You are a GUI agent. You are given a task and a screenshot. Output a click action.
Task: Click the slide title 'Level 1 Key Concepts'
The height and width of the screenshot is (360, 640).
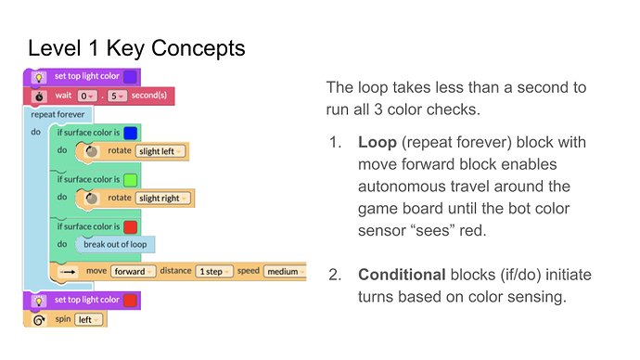coord(136,48)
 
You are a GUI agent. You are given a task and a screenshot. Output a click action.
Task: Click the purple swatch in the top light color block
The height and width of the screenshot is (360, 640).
coord(130,77)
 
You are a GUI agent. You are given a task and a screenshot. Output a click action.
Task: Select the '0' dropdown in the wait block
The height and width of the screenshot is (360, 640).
coord(85,96)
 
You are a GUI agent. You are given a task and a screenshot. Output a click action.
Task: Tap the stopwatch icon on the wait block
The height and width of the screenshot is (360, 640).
coord(39,96)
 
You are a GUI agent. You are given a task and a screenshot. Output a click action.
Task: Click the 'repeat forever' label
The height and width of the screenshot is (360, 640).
coord(58,115)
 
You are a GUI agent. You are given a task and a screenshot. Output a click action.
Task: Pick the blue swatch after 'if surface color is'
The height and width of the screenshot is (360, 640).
coord(130,133)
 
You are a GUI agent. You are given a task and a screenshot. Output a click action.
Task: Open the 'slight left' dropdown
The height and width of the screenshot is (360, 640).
coord(160,151)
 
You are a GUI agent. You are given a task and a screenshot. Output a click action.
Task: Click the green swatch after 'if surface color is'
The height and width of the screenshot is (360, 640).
coord(130,179)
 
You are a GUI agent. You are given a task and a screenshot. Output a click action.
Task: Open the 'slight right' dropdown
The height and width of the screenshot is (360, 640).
coord(163,198)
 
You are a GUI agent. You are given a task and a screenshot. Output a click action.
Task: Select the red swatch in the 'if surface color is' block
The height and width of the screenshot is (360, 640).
coord(130,225)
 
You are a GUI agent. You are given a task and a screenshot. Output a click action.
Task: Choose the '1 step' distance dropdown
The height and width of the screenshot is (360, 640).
coord(214,272)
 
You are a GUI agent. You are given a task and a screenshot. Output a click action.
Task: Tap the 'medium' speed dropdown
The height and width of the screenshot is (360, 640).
coord(284,272)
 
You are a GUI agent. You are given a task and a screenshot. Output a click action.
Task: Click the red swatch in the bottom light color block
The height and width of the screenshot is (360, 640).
coord(130,300)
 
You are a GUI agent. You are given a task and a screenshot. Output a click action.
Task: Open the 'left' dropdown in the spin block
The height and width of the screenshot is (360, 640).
coord(90,319)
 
